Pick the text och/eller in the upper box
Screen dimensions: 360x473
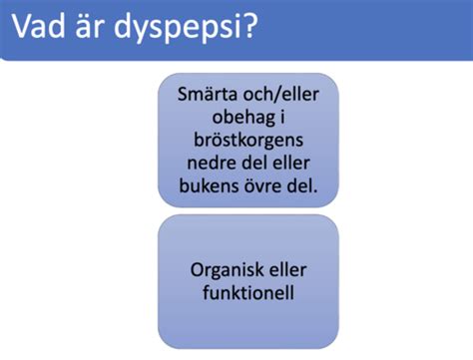point(281,98)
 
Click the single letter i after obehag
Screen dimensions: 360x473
point(279,119)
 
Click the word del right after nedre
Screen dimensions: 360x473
point(252,163)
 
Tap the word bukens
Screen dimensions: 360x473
point(212,184)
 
